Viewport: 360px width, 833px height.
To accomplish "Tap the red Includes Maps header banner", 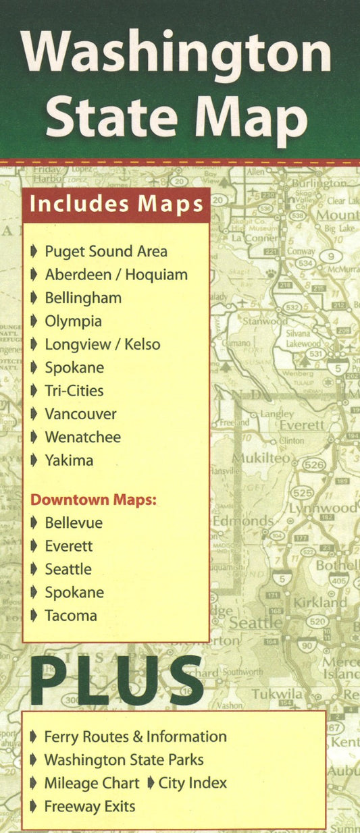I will [116, 204].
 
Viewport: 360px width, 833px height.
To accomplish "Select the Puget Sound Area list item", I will [106, 252].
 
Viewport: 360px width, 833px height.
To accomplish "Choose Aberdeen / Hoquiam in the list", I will [116, 275].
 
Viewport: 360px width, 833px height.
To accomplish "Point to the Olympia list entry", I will [73, 321].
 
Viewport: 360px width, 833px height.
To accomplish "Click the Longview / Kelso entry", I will [103, 344].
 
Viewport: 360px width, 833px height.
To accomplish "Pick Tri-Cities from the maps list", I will [74, 391].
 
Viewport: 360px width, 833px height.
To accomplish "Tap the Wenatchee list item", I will [82, 437].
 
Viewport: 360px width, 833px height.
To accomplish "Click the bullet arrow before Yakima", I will [34, 461].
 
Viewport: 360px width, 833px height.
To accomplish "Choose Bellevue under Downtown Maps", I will [74, 523].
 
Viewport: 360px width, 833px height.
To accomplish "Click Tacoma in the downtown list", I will [71, 616].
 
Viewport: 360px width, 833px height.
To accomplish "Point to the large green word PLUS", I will [116, 676].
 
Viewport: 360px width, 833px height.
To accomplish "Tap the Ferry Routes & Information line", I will [135, 737].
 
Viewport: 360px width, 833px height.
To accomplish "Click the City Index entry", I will [192, 783].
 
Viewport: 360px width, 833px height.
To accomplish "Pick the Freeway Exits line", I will [89, 806].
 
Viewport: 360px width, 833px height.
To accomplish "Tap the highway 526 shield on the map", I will [314, 464].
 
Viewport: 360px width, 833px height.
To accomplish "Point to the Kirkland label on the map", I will [319, 602].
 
